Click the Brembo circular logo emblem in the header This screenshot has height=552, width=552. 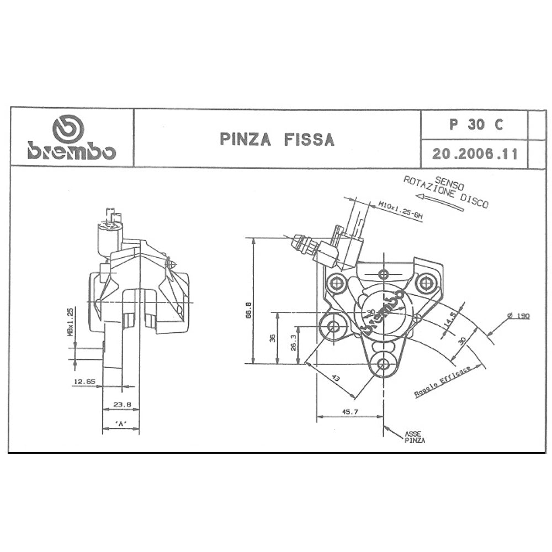[x=68, y=129]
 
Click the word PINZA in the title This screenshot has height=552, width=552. [x=245, y=139]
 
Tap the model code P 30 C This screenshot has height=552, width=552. [x=476, y=125]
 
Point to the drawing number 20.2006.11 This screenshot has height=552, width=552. [x=475, y=154]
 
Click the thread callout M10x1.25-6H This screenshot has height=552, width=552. [x=400, y=210]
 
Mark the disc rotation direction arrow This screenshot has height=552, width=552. [x=439, y=201]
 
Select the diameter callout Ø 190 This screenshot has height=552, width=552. [x=519, y=316]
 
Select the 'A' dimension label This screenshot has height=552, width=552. [x=121, y=423]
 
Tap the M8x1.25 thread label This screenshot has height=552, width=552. [x=70, y=322]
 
